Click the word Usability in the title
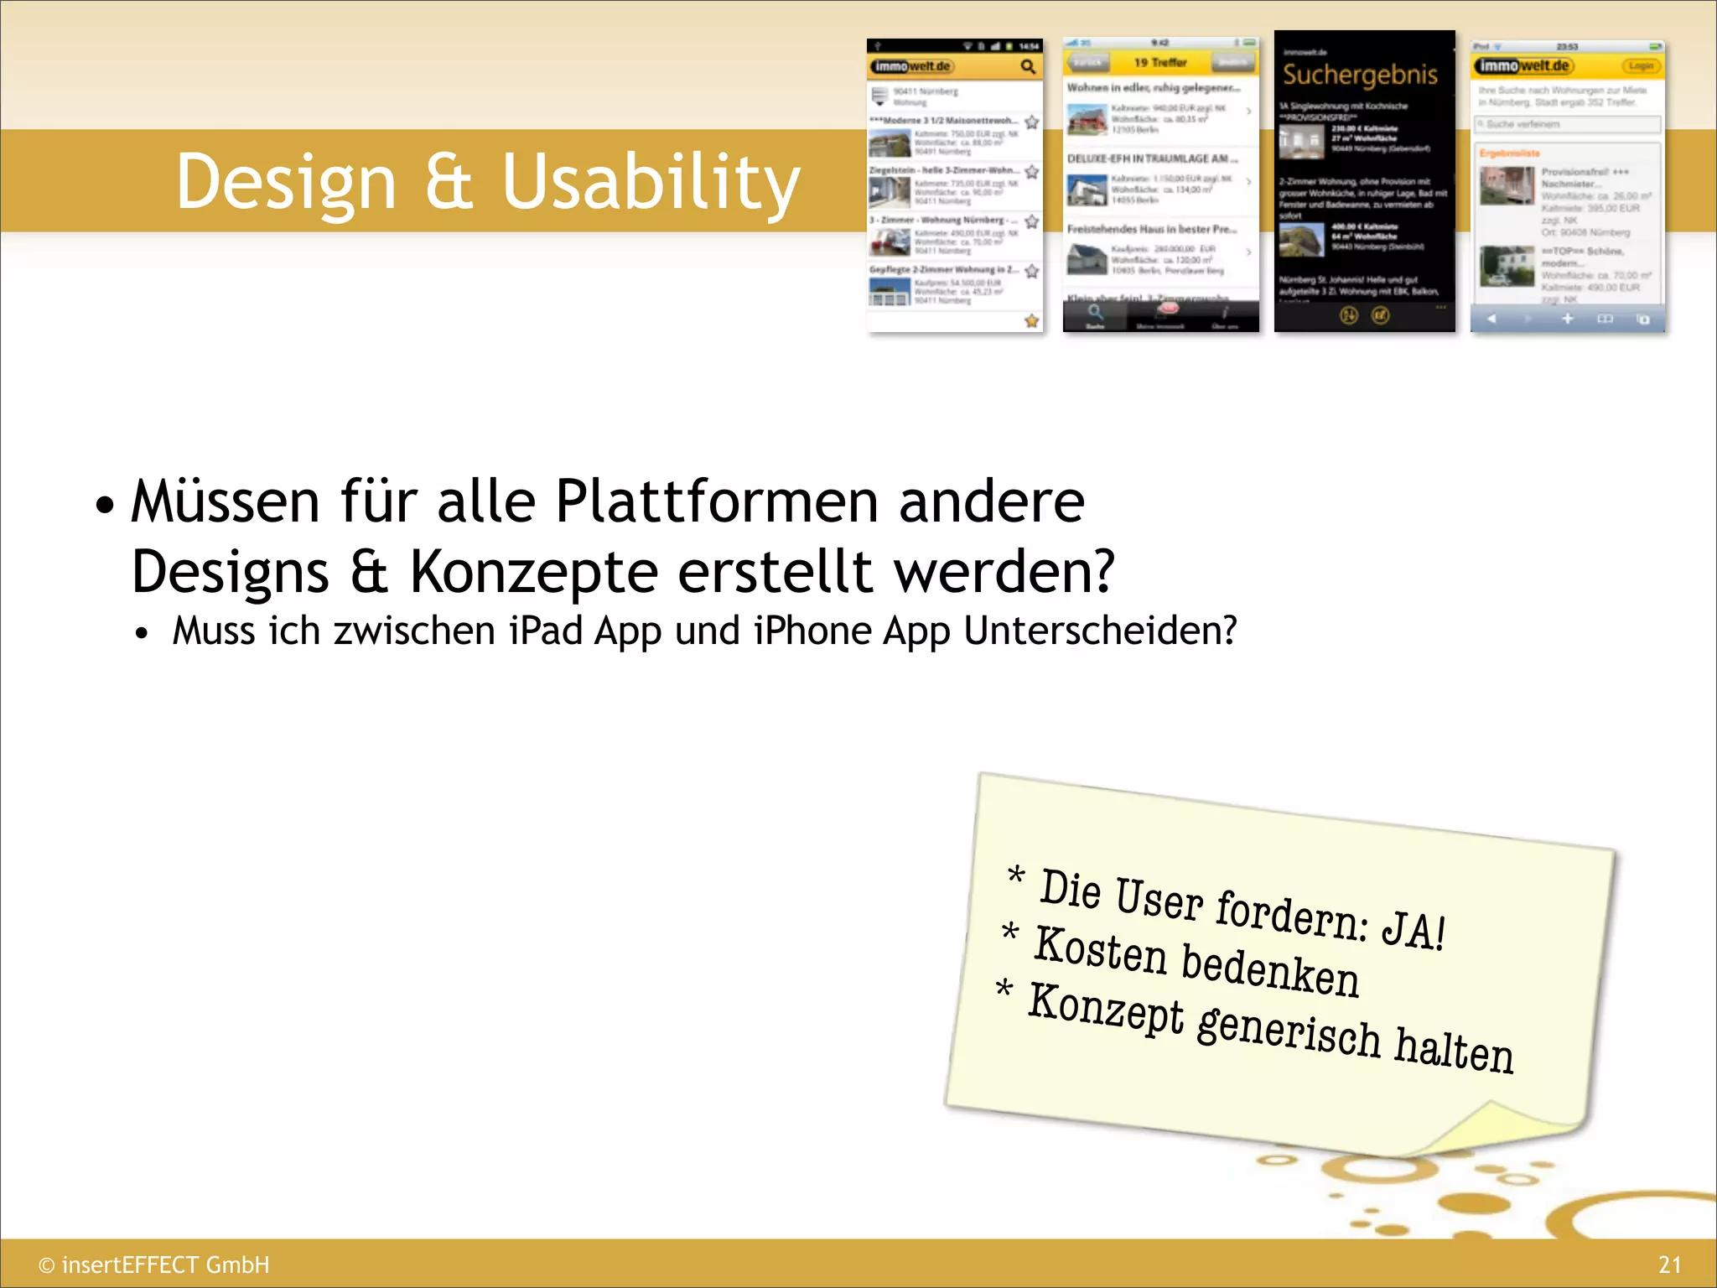point(651,183)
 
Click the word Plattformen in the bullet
point(716,501)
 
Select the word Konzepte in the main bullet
point(533,572)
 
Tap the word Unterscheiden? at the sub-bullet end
point(1100,631)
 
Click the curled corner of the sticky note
point(1501,1128)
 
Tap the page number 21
point(1669,1265)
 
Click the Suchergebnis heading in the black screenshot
point(1360,75)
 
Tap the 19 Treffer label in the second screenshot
point(1160,62)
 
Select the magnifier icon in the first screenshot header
point(1028,66)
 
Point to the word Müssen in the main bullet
point(226,501)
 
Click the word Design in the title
point(286,183)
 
